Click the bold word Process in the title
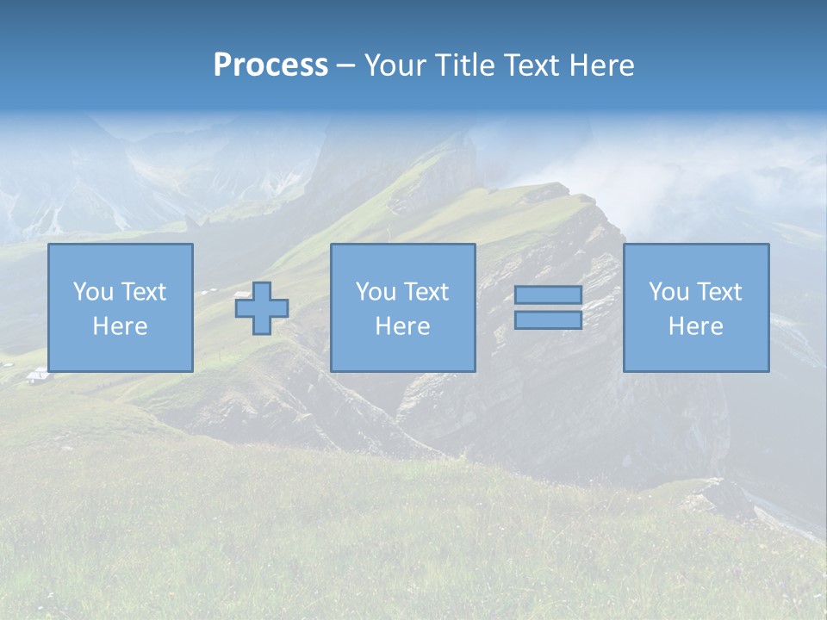270,65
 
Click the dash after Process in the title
345,66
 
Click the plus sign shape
262,308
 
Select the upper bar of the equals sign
548,294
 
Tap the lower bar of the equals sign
548,320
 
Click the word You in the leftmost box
90,292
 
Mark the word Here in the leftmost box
120,326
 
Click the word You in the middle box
374,292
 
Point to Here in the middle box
402,326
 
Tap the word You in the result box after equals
667,292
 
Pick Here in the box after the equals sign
695,326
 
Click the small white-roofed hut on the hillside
38,375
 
